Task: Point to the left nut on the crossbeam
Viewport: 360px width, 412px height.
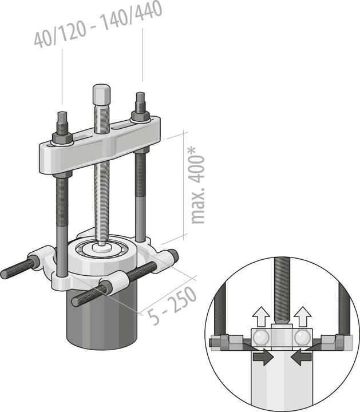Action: click(x=61, y=137)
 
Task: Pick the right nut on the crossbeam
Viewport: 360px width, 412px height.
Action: click(x=140, y=115)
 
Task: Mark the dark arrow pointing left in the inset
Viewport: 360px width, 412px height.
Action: click(x=302, y=356)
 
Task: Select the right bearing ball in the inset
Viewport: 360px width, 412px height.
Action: click(x=301, y=338)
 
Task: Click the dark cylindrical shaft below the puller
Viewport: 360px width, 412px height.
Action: click(x=103, y=320)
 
